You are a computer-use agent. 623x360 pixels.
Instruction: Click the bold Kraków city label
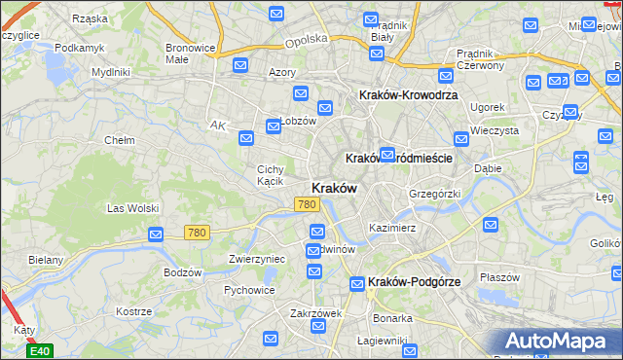click(x=334, y=188)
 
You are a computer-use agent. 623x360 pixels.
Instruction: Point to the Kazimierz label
click(x=392, y=228)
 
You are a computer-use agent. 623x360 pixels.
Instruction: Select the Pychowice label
click(x=248, y=290)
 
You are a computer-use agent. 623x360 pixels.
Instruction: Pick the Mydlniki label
click(x=110, y=72)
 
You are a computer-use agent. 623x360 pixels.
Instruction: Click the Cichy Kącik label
click(x=270, y=174)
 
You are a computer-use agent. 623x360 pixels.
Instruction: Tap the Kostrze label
click(x=133, y=311)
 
